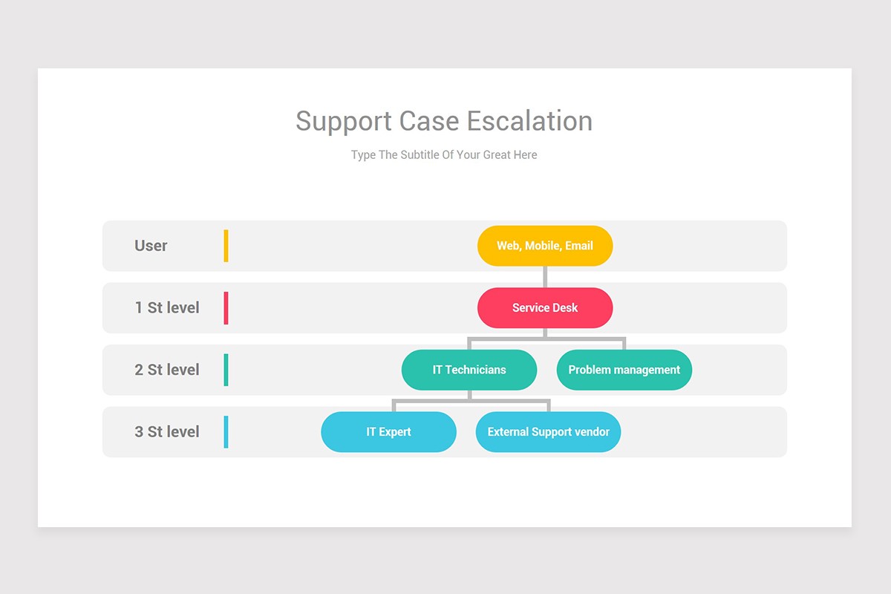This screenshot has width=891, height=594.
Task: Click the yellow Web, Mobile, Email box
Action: click(x=545, y=246)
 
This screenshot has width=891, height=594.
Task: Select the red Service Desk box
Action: click(x=545, y=307)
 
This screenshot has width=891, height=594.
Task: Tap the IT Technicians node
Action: click(x=469, y=370)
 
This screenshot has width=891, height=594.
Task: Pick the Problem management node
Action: click(x=624, y=370)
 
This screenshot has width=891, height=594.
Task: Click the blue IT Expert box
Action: click(x=388, y=431)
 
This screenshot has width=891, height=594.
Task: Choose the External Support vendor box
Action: click(x=548, y=431)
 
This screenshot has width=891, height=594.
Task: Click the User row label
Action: click(x=151, y=246)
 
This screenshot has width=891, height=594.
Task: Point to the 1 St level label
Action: click(x=167, y=307)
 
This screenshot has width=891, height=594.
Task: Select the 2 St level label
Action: click(x=167, y=370)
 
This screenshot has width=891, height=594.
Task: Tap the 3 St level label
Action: click(x=167, y=431)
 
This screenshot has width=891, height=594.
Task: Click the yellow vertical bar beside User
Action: click(x=226, y=246)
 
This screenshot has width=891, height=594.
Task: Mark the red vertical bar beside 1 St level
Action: click(x=226, y=307)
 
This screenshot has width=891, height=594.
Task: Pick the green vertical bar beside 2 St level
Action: click(x=226, y=370)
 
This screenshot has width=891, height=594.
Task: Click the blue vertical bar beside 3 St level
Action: click(x=226, y=431)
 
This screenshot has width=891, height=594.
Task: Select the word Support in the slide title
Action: click(x=344, y=121)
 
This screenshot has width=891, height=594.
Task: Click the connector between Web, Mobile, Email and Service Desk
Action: click(x=545, y=276)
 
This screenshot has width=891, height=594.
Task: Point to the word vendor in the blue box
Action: click(x=592, y=431)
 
